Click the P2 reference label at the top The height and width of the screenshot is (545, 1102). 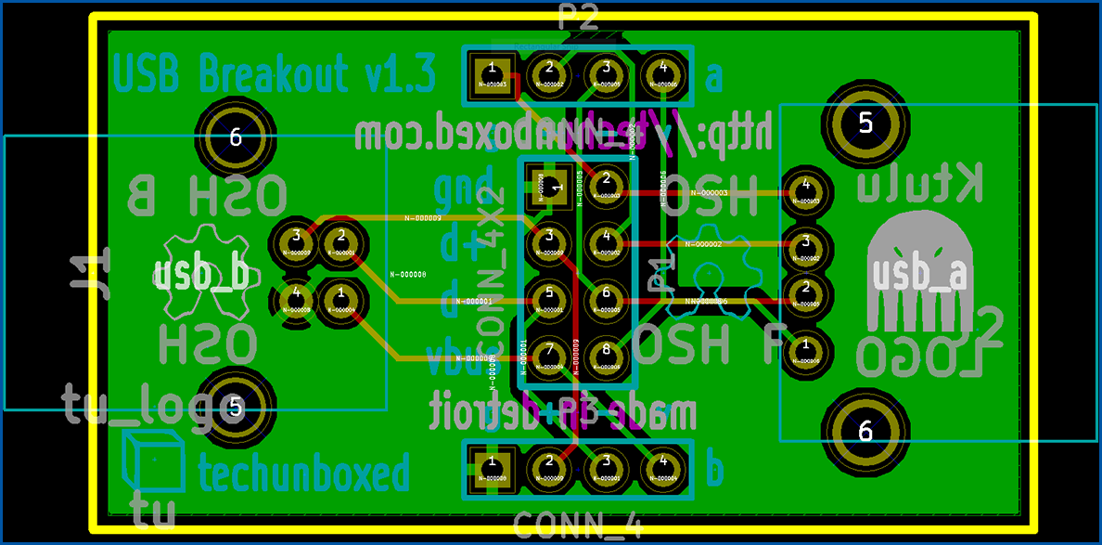[579, 17]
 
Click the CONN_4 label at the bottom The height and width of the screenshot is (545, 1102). [577, 526]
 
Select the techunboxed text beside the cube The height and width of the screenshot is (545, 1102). [303, 474]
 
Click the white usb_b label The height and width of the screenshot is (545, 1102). [201, 275]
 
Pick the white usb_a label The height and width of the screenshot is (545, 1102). [920, 275]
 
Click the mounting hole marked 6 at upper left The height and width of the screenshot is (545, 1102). [235, 138]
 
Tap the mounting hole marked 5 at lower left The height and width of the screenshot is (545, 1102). [235, 407]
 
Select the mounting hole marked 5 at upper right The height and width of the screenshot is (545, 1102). [865, 123]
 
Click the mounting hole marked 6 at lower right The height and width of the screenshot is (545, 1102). [865, 430]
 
